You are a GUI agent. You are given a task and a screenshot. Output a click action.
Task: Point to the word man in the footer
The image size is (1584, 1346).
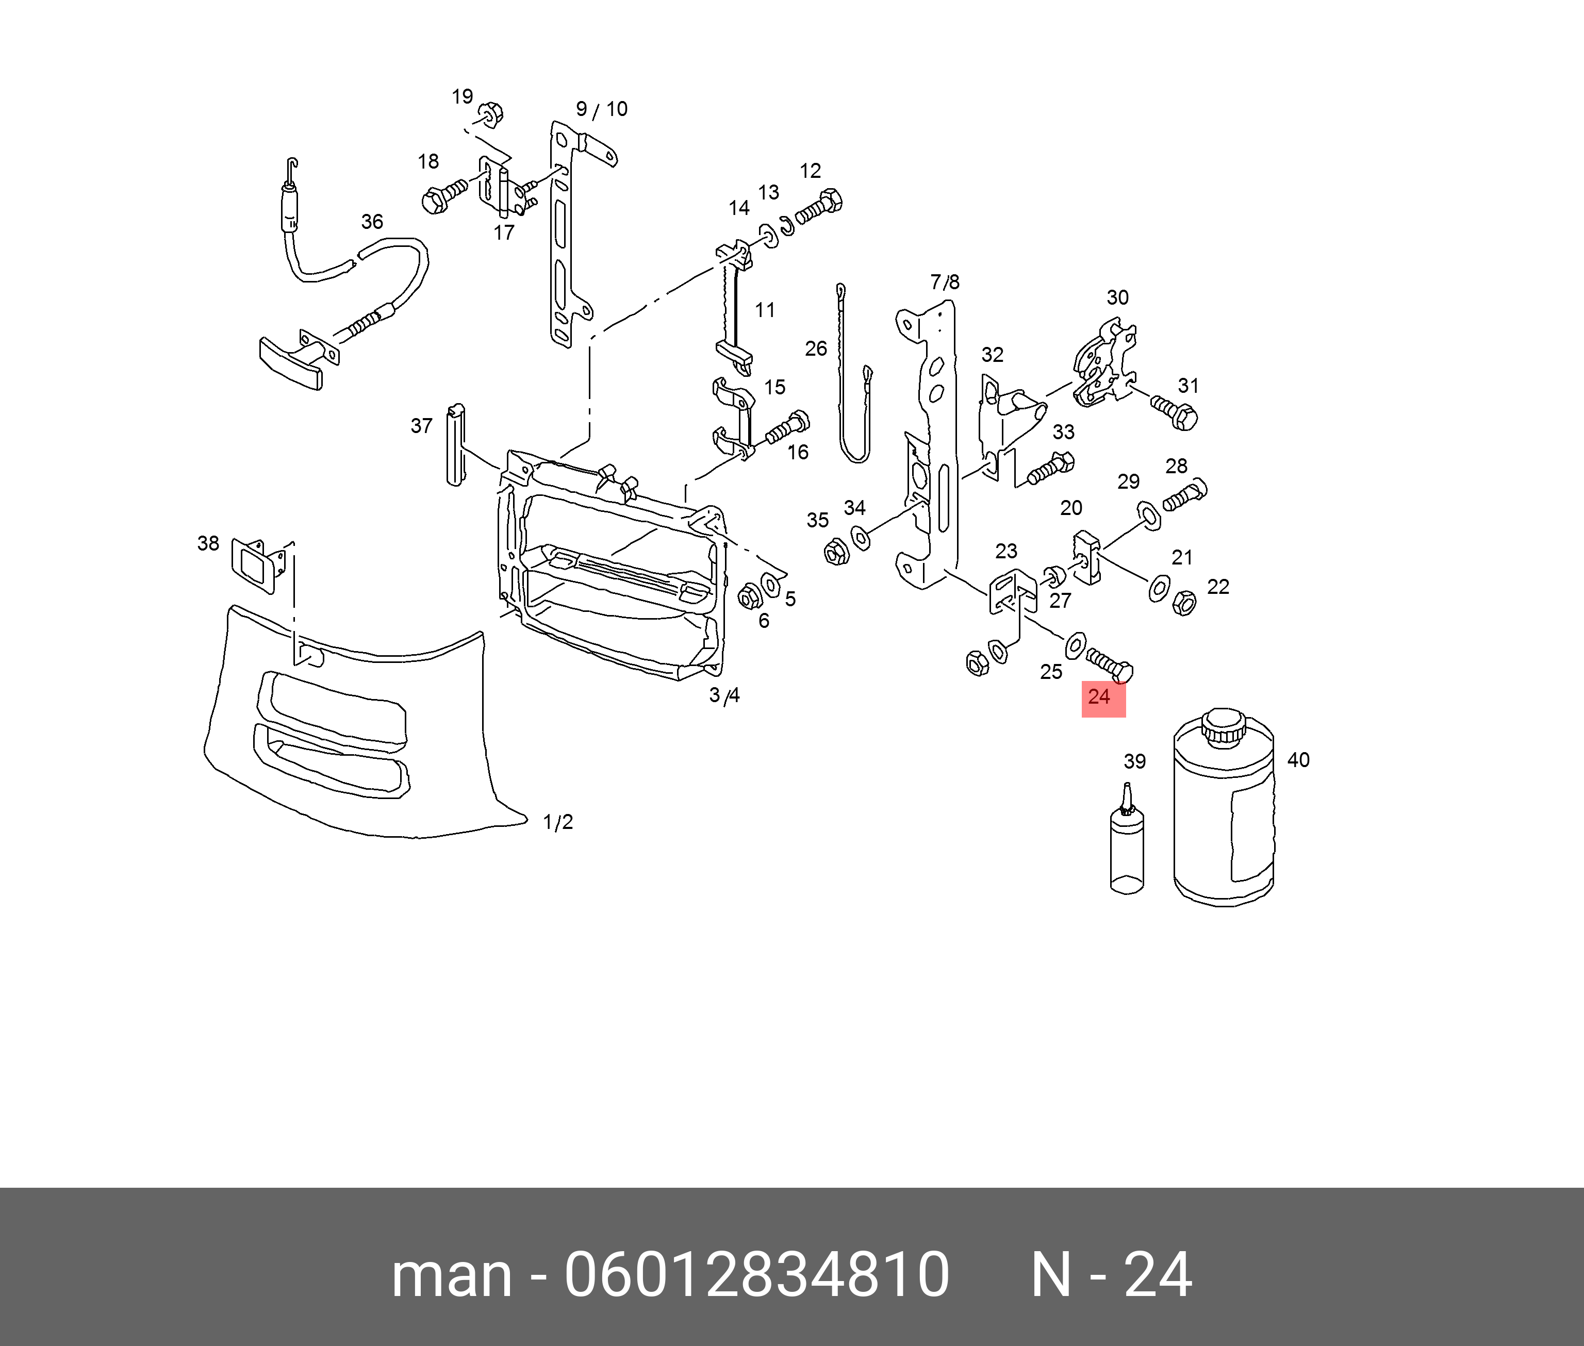point(451,1276)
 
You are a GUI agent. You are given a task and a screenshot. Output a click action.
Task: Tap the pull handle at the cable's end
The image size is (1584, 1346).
point(291,362)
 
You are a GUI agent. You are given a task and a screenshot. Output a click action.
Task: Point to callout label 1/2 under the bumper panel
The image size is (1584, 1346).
point(558,823)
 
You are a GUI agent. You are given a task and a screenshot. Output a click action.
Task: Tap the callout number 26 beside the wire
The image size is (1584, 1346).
point(816,348)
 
